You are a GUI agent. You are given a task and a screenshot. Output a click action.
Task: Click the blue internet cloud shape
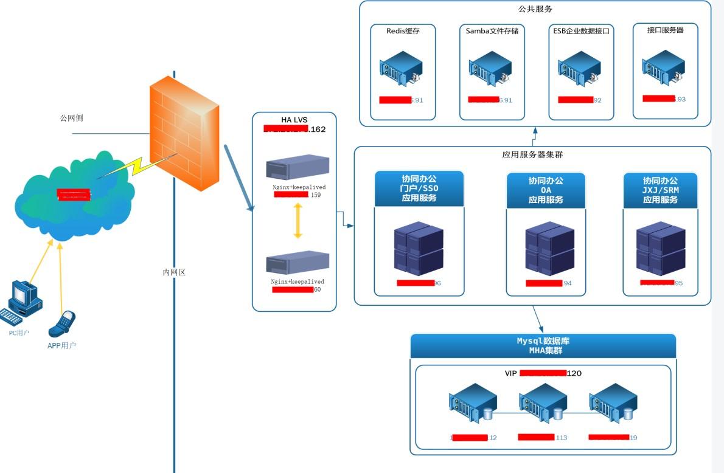pyautogui.click(x=73, y=198)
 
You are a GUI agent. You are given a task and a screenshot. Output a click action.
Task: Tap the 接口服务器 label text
pyautogui.click(x=666, y=29)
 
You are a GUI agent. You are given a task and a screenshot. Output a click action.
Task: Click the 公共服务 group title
pyautogui.click(x=535, y=9)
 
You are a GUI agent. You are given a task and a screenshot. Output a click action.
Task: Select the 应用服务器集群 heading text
pyautogui.click(x=532, y=154)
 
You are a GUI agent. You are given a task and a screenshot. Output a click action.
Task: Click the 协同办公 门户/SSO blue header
pyautogui.click(x=419, y=189)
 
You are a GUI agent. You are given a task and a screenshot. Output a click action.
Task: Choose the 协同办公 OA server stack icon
pyautogui.click(x=549, y=250)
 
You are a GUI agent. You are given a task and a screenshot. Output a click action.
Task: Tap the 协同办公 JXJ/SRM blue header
pyautogui.click(x=660, y=190)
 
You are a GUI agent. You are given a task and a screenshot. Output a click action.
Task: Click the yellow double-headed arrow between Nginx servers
pyautogui.click(x=298, y=221)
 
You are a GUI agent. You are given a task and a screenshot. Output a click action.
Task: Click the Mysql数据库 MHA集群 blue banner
pyautogui.click(x=543, y=345)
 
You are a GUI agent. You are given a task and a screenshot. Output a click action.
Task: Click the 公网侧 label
pyautogui.click(x=71, y=118)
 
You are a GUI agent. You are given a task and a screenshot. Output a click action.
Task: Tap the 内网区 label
pyautogui.click(x=173, y=272)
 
